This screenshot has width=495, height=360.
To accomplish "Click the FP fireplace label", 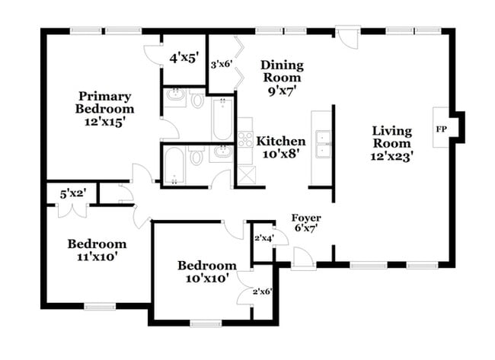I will click(x=441, y=129).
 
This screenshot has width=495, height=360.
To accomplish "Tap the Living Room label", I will click(x=391, y=142).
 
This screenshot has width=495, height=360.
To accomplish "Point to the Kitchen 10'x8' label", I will click(x=281, y=147).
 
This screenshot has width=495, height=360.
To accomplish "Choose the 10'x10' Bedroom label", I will click(x=206, y=272).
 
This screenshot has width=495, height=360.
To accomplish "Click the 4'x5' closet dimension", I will click(x=184, y=57).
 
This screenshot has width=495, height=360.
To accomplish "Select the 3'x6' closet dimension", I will click(x=221, y=65).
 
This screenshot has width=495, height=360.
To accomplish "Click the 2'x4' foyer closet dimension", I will click(x=263, y=239).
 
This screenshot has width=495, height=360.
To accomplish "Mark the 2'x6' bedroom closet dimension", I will click(x=262, y=291).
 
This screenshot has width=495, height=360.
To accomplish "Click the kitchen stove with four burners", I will click(x=246, y=139).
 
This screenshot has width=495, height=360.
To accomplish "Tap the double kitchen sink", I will click(x=321, y=142).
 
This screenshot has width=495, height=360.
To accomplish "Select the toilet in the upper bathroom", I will click(x=196, y=100).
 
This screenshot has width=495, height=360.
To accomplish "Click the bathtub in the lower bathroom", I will click(x=174, y=165).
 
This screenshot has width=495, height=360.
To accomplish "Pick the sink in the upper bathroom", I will click(x=175, y=97).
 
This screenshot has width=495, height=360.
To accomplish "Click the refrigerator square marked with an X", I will click(x=246, y=174).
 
